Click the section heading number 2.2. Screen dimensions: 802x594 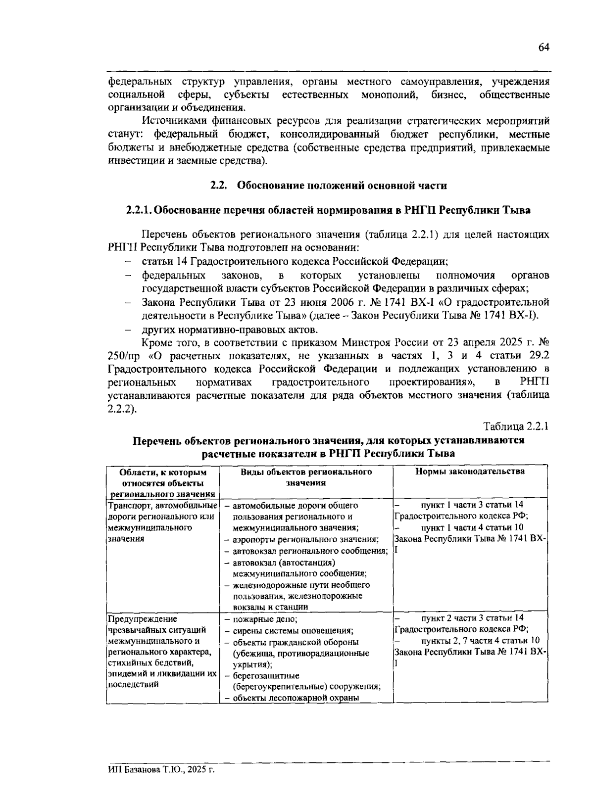218,186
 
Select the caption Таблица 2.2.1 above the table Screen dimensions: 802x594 516,426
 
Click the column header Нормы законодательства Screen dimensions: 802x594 470,472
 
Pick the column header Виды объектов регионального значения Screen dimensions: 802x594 306,477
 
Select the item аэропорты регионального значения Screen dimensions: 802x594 305,540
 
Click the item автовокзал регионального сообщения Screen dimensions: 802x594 310,551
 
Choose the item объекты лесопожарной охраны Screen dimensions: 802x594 296,698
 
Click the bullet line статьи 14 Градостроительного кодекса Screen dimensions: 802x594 295,262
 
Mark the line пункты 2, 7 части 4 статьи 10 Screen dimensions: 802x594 480,641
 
